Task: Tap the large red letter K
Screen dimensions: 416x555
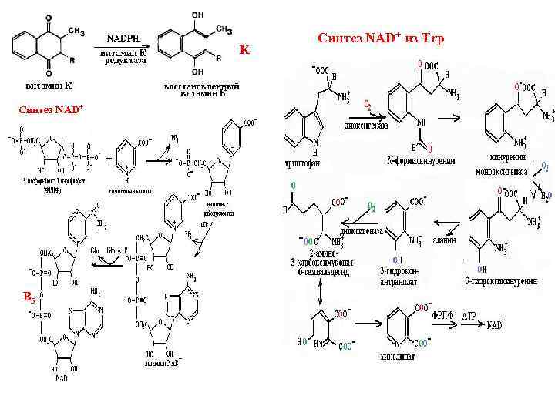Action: [245, 50]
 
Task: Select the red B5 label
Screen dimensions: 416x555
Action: [28, 297]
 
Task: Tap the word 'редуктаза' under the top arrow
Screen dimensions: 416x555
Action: [125, 61]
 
